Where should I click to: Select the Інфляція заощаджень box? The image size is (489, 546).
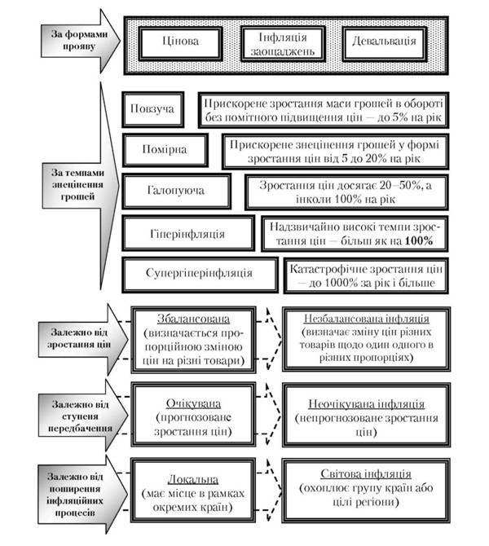pos(280,41)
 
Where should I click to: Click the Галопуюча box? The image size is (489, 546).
pos(177,192)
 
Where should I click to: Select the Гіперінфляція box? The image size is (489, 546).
pos(187,234)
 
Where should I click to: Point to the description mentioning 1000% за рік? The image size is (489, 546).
pos(364,275)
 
